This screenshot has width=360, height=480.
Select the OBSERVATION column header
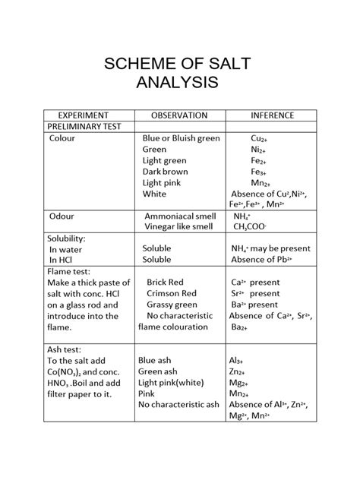pyautogui.click(x=179, y=115)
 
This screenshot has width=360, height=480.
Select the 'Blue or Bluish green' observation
pyautogui.click(x=181, y=139)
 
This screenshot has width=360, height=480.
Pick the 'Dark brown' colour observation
pyautogui.click(x=165, y=172)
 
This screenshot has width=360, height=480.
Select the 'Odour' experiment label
pyautogui.click(x=62, y=216)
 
